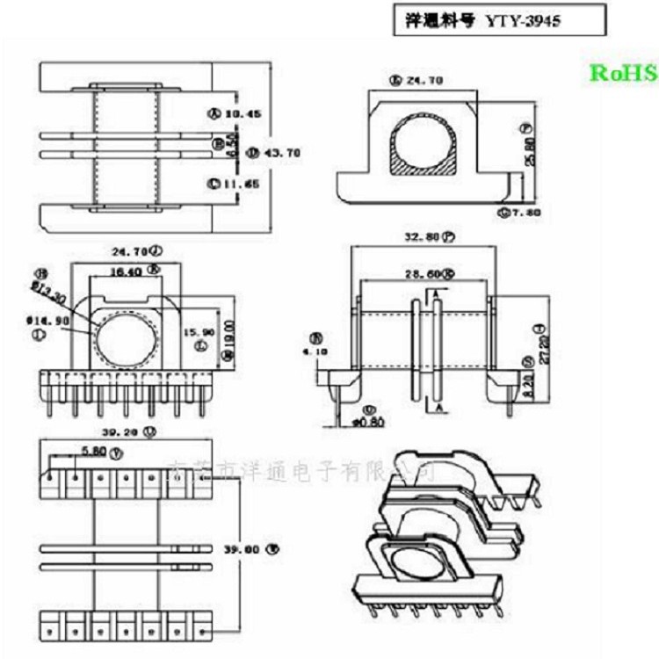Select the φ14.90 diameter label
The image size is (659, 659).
[x=50, y=322]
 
